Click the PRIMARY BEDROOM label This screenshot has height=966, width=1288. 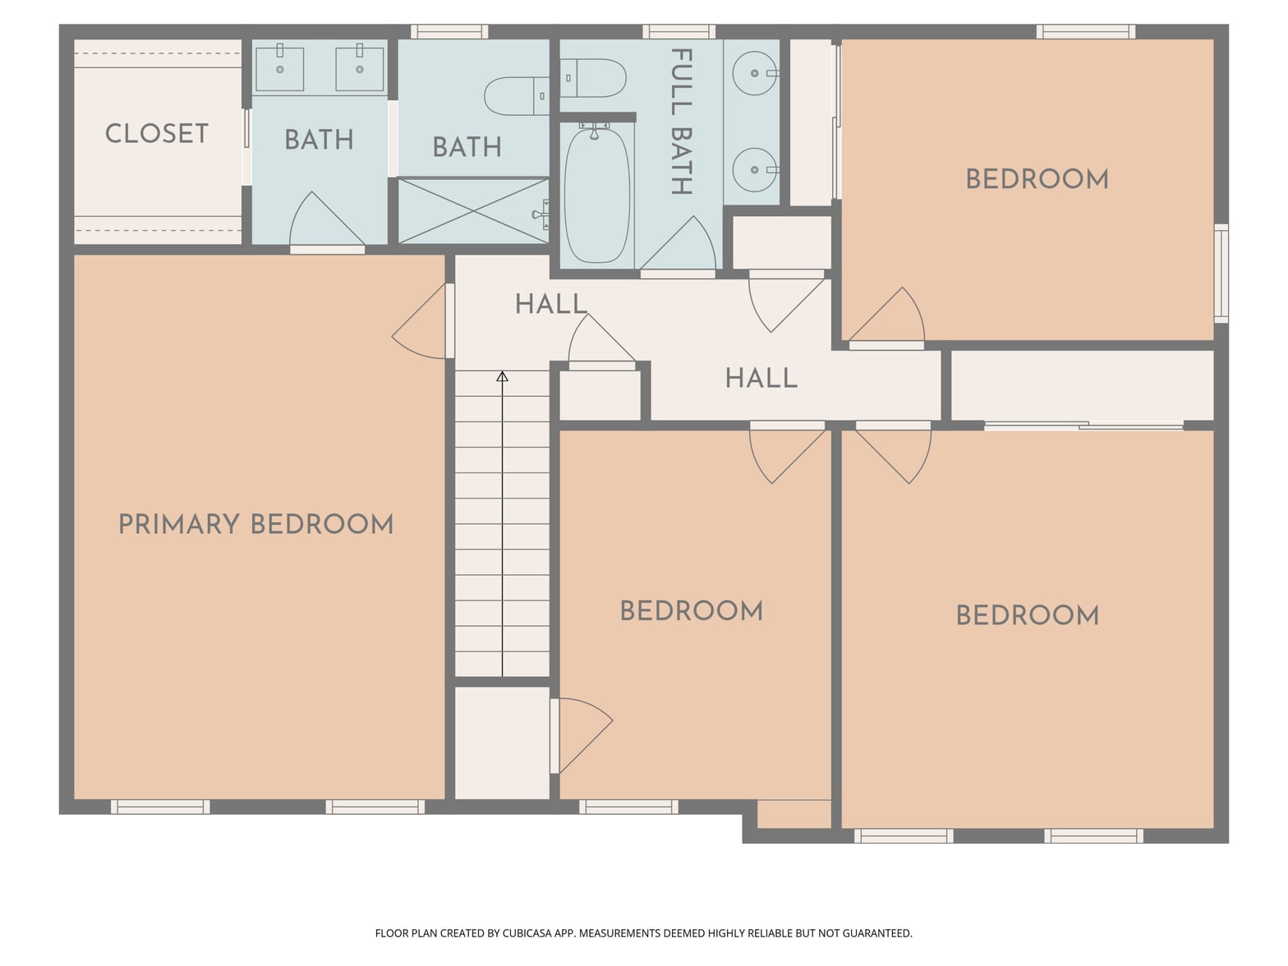(255, 524)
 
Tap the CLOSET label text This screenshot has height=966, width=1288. (157, 134)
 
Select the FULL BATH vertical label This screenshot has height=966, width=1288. (681, 122)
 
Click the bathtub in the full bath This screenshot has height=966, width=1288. (596, 195)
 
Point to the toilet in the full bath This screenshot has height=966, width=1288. (593, 77)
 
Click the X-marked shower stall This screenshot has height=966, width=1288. (473, 210)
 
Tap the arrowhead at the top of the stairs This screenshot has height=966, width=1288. (502, 376)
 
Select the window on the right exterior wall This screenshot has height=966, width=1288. (1221, 274)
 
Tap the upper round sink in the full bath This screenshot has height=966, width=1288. (755, 73)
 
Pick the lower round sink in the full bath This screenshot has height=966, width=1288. (755, 169)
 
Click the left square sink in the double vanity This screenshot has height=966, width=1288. (280, 69)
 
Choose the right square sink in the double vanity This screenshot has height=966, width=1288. (360, 69)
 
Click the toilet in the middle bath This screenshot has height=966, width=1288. (517, 95)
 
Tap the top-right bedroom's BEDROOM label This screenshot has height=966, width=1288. (1037, 179)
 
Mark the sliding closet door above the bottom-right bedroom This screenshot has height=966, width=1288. (1083, 425)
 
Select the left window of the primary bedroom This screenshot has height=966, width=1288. (160, 807)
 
